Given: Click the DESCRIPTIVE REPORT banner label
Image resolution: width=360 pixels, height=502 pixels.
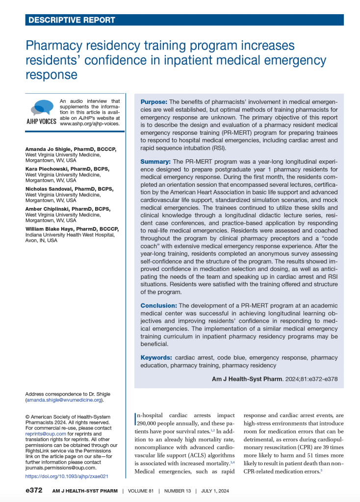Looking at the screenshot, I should (72, 20).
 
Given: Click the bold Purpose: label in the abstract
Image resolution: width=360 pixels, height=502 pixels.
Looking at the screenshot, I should (154, 101).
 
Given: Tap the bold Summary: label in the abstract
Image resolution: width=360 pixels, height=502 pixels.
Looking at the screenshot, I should (156, 161).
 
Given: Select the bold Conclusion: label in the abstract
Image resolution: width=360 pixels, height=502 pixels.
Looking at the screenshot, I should (159, 305).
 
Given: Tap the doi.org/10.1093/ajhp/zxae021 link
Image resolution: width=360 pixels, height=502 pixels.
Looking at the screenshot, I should (66, 476).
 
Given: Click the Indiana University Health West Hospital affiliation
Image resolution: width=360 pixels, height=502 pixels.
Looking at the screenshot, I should (70, 235).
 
